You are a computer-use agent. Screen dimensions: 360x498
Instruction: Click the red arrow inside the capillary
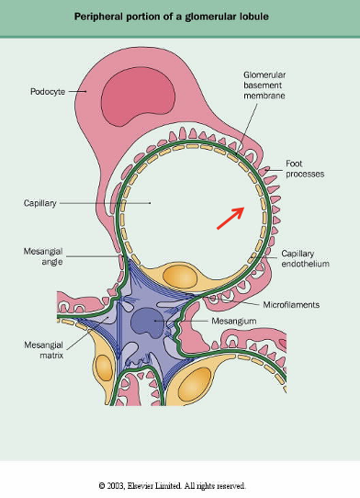pyautogui.click(x=231, y=218)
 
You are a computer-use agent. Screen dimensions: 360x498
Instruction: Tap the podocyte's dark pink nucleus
pyautogui.click(x=138, y=96)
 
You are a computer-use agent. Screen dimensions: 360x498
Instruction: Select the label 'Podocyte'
pyautogui.click(x=48, y=92)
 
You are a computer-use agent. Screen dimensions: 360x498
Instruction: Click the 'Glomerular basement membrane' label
pyautogui.click(x=264, y=85)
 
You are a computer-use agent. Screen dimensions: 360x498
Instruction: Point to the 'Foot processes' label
pyautogui.click(x=305, y=169)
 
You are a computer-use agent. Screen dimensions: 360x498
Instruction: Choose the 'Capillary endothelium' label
pyautogui.click(x=306, y=258)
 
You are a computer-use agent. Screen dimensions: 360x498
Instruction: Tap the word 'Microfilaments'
pyautogui.click(x=291, y=305)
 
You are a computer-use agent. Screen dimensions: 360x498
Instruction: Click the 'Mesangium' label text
pyautogui.click(x=234, y=321)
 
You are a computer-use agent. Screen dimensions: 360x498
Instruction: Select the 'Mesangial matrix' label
pyautogui.click(x=43, y=350)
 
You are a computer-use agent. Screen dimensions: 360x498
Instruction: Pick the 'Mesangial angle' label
pyautogui.click(x=43, y=256)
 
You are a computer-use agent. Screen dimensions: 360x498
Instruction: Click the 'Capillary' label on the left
pyautogui.click(x=40, y=203)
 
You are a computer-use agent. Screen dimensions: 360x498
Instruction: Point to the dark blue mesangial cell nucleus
pyautogui.click(x=148, y=323)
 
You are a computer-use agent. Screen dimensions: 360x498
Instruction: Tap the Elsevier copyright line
pyautogui.click(x=172, y=486)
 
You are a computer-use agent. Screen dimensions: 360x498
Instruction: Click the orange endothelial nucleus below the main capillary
pyautogui.click(x=180, y=277)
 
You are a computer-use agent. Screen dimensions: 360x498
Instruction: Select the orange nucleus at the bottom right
pyautogui.click(x=195, y=384)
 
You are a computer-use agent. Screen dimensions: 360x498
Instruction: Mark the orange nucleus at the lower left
pyautogui.click(x=104, y=368)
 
